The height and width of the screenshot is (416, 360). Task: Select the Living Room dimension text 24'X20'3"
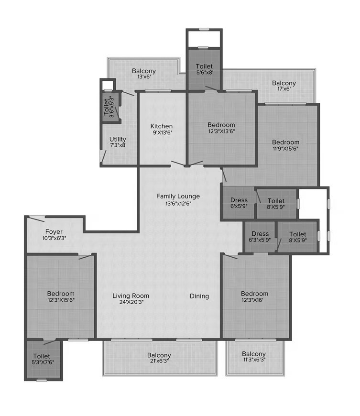click(131, 302)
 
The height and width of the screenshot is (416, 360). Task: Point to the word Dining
click(199, 296)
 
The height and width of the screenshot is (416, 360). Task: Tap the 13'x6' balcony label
click(144, 74)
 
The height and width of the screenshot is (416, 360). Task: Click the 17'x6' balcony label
click(284, 86)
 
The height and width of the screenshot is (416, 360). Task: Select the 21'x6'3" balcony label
click(159, 358)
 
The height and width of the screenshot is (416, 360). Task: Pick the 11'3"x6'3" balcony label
click(254, 357)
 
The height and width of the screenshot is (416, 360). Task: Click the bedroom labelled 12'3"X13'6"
click(221, 128)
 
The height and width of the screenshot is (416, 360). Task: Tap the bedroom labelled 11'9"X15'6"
click(286, 145)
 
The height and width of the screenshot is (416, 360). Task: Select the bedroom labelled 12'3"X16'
click(254, 296)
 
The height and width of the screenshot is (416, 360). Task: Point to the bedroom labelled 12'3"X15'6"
click(61, 296)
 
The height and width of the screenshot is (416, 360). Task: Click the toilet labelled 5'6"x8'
click(204, 69)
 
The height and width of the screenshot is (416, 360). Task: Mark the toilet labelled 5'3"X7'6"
click(43, 359)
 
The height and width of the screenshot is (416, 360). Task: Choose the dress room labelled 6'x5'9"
click(239, 203)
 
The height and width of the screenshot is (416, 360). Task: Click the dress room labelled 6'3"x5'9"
click(260, 236)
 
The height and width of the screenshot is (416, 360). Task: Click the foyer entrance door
click(37, 219)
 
